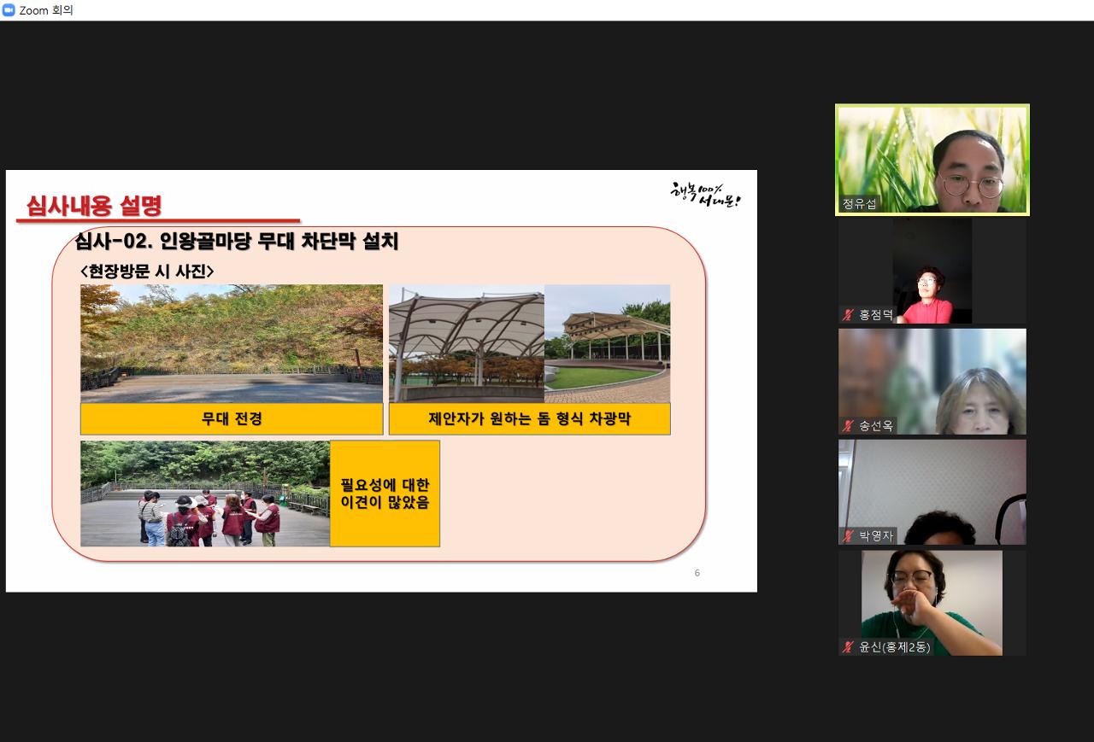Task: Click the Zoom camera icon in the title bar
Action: coord(9,10)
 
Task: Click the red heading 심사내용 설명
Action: coord(94,206)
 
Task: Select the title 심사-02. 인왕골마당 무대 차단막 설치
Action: coord(237,241)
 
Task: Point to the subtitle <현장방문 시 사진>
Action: coord(147,272)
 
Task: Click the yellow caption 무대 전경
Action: coord(232,418)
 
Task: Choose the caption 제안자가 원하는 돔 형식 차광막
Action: coord(529,418)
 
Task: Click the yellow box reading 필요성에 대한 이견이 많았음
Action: coord(385,494)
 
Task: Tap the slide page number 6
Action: coord(697,573)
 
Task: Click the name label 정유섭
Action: coord(859,203)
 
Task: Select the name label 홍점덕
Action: coord(876,315)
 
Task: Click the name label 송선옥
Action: coord(876,426)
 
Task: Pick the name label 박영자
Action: coord(876,536)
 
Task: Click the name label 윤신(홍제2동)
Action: coord(894,647)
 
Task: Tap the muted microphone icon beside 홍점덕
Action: coord(848,315)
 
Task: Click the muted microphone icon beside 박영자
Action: coord(848,536)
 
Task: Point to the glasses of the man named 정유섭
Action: coord(973,185)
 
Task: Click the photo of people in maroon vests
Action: coord(205,494)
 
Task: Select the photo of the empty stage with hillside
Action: coord(232,344)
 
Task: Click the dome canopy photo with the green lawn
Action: coord(607,344)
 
